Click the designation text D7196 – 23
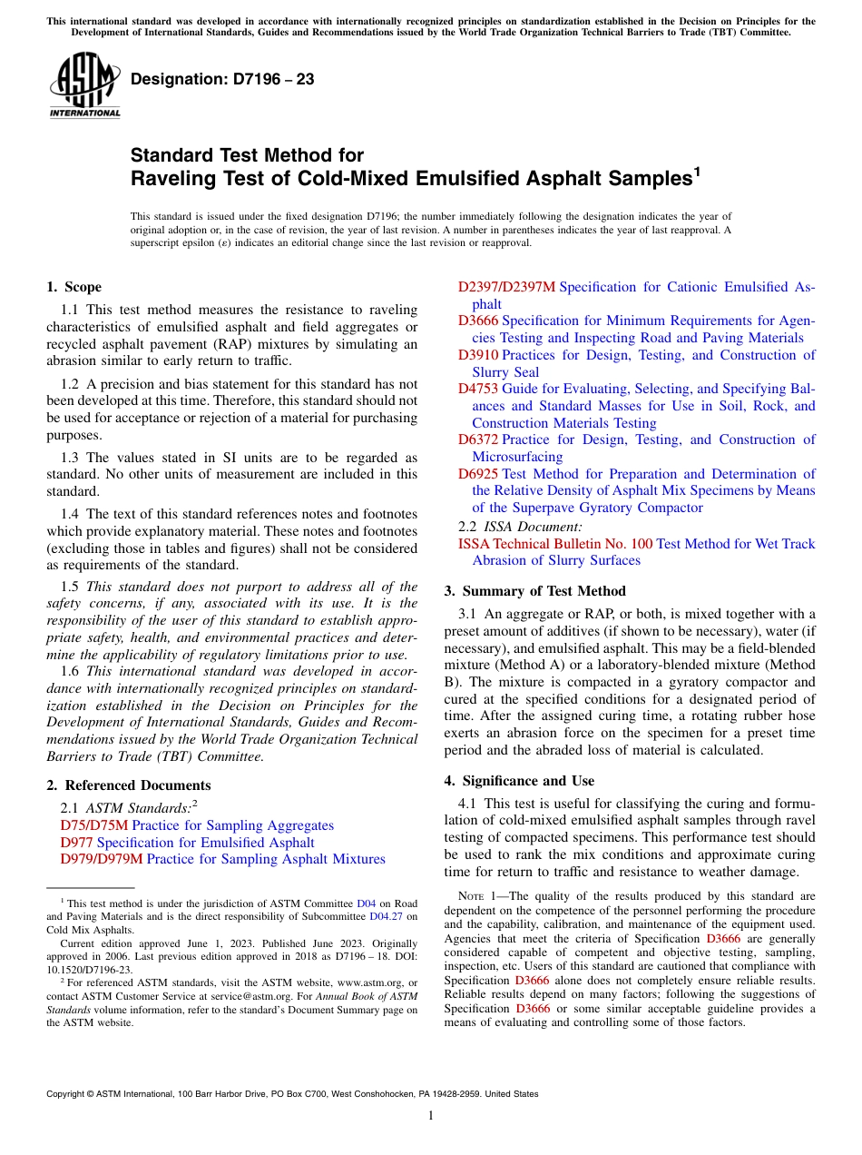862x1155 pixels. point(222,79)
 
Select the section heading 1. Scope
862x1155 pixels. point(73,287)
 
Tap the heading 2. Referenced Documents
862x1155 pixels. point(128,785)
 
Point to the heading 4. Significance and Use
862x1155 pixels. point(519,781)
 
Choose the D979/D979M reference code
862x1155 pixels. point(102,859)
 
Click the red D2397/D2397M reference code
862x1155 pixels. point(506,287)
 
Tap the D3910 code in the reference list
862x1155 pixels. point(478,355)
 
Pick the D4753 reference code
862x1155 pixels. point(478,389)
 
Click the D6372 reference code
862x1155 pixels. point(478,439)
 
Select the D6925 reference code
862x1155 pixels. point(478,474)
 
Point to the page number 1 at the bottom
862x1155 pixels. point(431,1115)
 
